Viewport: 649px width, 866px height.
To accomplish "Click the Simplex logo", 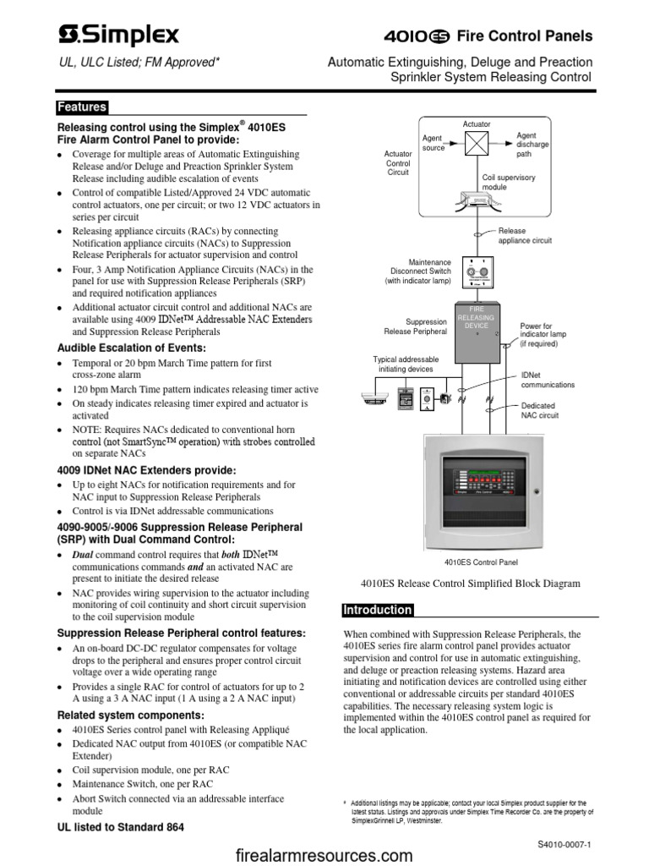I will pos(118,35).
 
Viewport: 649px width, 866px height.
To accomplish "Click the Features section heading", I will pos(81,107).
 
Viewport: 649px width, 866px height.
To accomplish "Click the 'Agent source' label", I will pos(434,143).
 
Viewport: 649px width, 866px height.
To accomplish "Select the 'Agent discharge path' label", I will pos(532,145).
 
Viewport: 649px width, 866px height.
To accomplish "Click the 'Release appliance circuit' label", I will pos(524,235).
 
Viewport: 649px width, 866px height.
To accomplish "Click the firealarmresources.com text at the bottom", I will pos(324,855).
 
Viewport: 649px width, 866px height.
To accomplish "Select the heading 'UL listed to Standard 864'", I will pos(119,826).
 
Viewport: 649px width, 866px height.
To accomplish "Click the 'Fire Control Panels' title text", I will pos(524,36).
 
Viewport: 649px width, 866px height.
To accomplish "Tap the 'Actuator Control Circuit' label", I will pos(398,163).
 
